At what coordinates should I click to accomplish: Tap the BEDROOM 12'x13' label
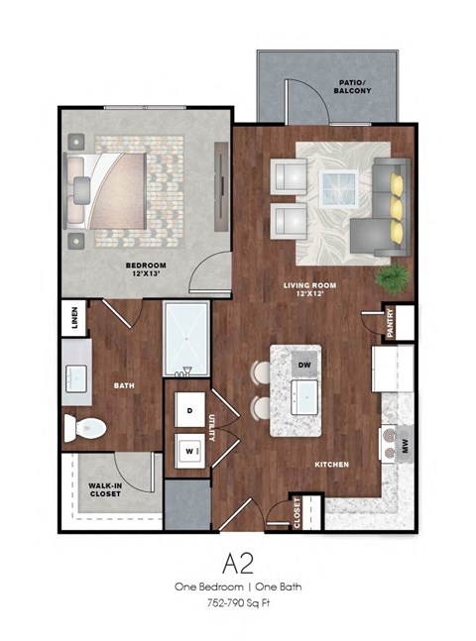(145, 270)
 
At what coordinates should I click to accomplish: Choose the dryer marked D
(189, 409)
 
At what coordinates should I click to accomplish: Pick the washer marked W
(189, 448)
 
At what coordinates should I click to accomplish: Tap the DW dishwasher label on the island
(305, 364)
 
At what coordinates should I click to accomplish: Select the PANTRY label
(392, 326)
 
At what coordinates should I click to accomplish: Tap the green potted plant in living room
(393, 276)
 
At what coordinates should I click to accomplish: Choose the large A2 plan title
(238, 564)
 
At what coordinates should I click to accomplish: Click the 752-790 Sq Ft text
(238, 600)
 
